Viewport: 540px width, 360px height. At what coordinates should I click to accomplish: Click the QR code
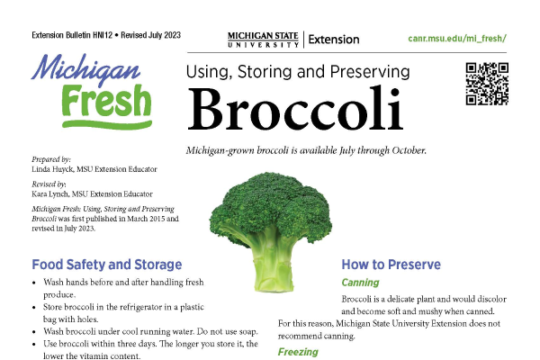(487, 84)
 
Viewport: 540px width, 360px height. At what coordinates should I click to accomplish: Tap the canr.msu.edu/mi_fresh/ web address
(457, 38)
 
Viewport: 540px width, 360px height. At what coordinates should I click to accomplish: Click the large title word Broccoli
(295, 108)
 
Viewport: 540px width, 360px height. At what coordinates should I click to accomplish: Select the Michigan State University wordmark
(263, 40)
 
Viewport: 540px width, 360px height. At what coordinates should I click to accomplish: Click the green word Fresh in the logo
(106, 100)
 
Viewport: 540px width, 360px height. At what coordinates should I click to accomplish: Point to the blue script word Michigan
(85, 69)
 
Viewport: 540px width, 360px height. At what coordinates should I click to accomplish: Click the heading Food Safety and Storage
(107, 265)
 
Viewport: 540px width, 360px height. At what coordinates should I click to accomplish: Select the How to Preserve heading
(391, 265)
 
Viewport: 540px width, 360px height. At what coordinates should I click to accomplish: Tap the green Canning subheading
(360, 283)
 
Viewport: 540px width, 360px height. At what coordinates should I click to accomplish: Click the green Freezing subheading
(298, 352)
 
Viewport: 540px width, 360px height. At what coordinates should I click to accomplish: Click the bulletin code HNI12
(103, 35)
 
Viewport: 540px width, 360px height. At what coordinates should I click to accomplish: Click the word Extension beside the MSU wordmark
(334, 40)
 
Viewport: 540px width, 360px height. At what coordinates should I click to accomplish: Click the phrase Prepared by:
(51, 159)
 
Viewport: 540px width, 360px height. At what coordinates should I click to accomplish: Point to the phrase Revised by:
(49, 184)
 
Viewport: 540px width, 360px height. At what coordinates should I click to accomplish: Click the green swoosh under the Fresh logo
(107, 124)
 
